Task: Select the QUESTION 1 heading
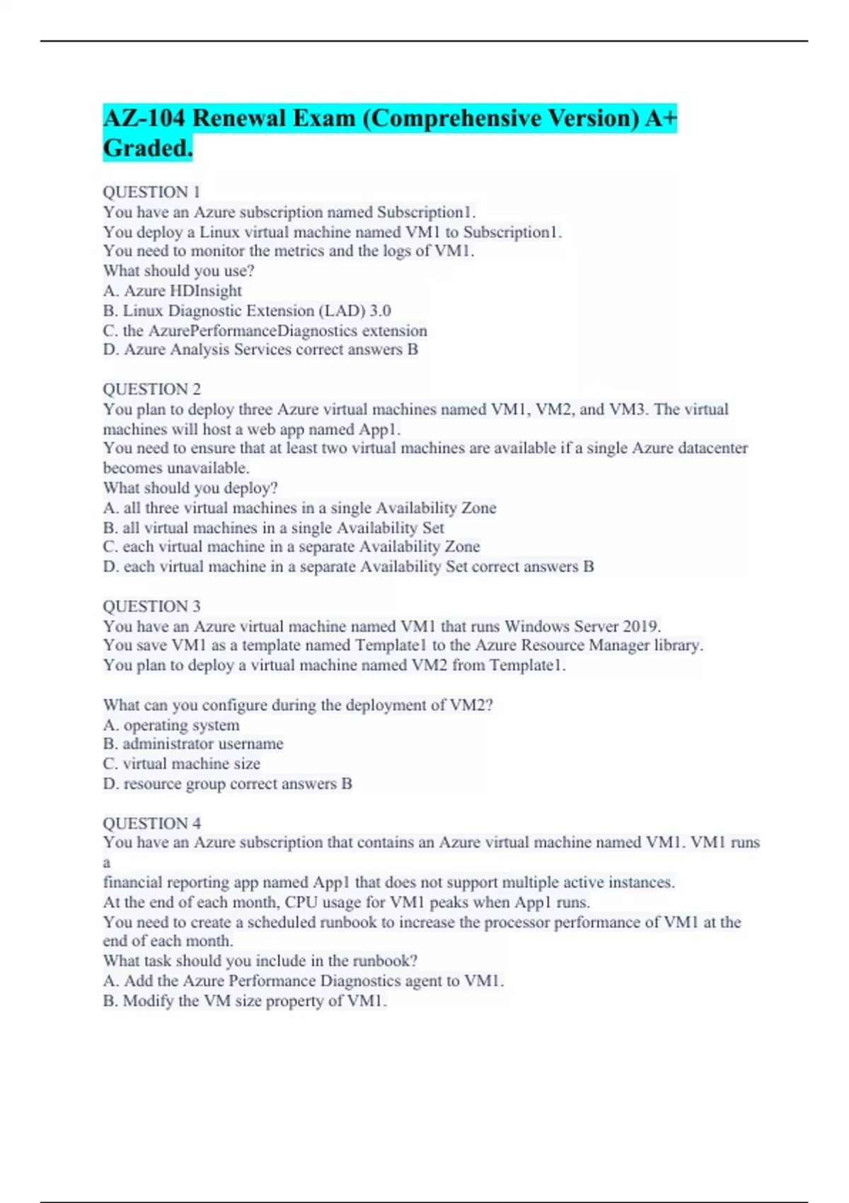(151, 192)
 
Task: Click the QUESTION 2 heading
(151, 389)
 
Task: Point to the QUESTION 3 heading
(151, 606)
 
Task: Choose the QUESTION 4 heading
(151, 823)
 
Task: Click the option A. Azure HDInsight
(172, 291)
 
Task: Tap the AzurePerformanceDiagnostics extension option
(265, 330)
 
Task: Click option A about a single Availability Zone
(299, 508)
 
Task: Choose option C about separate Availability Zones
(291, 547)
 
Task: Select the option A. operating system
(171, 725)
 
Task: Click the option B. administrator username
(193, 744)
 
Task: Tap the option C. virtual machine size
(181, 764)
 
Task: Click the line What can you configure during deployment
(298, 705)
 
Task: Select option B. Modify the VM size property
(244, 1001)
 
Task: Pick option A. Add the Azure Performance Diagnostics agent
(303, 981)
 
